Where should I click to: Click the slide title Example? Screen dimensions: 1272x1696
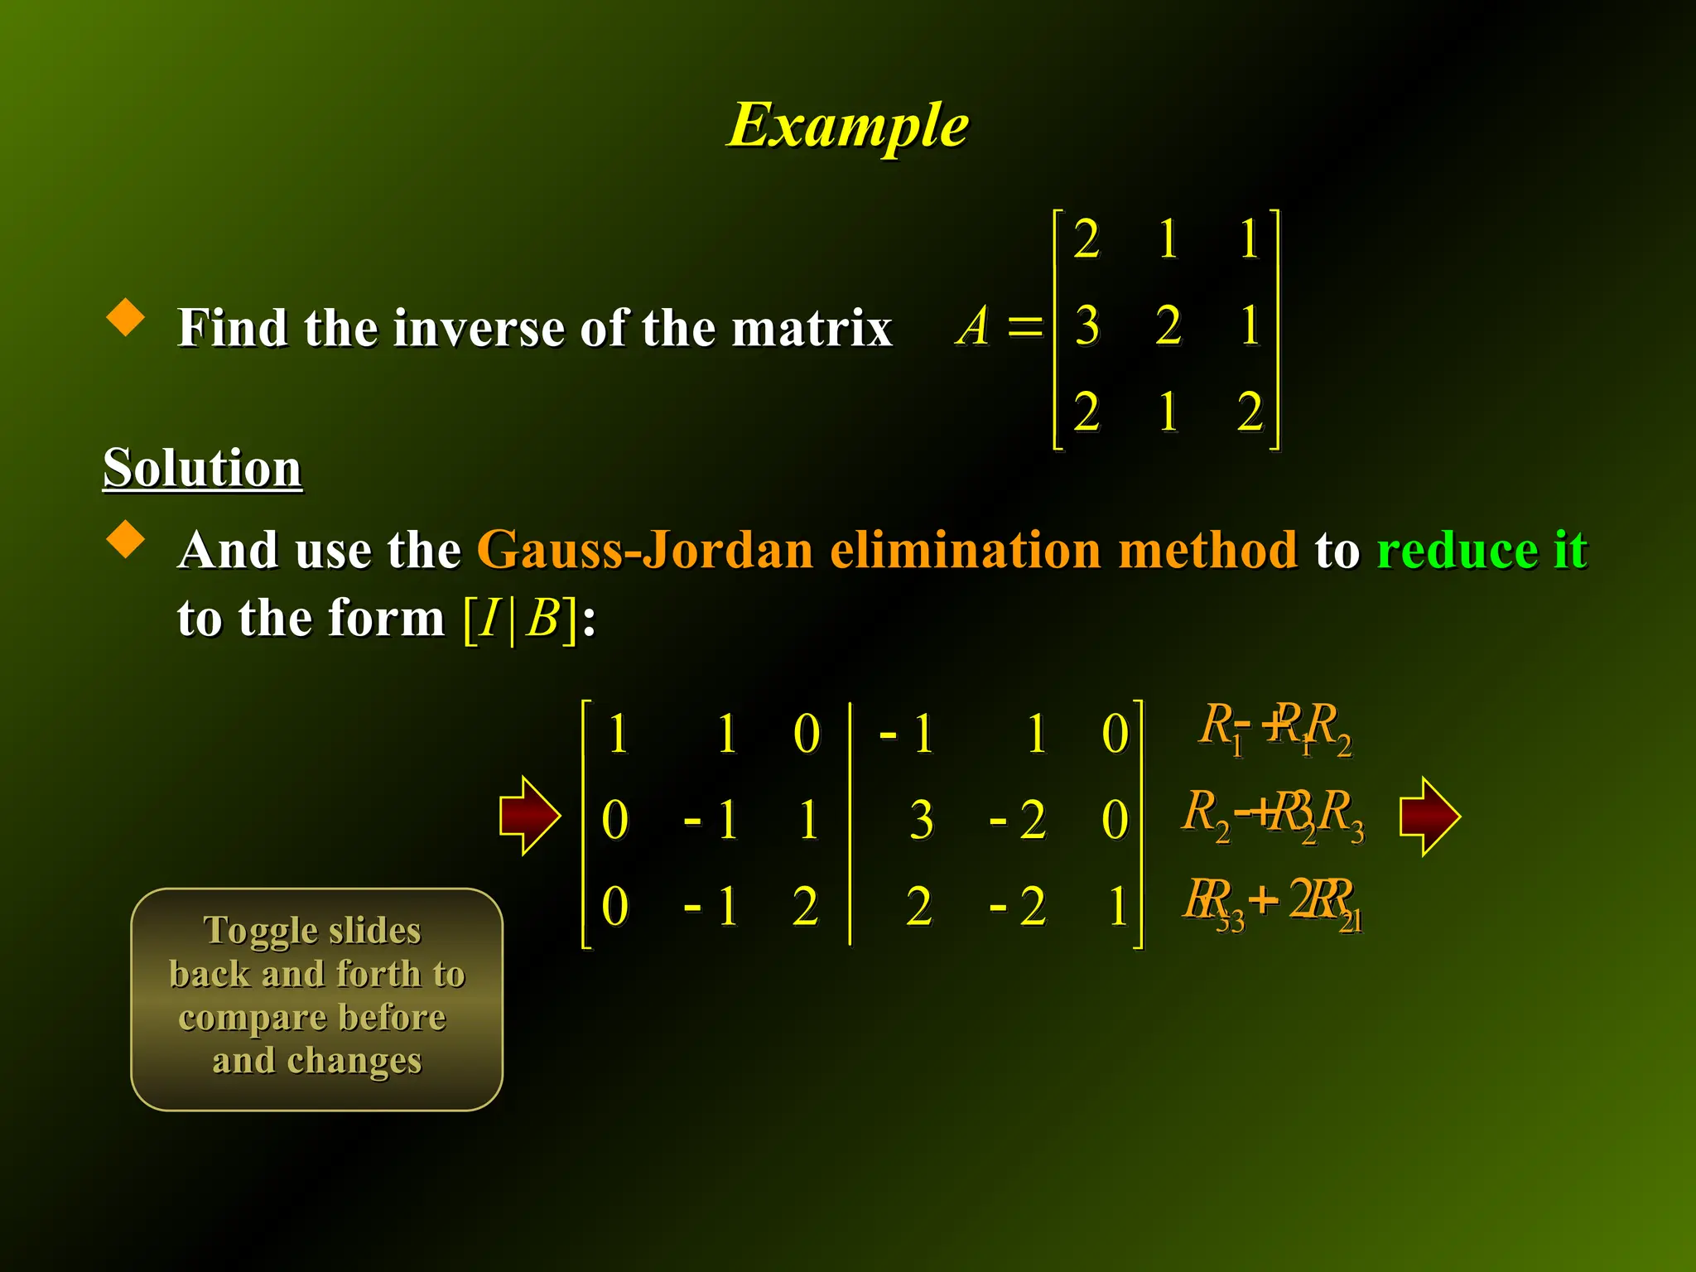[x=848, y=126]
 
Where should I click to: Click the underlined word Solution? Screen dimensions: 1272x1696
[x=202, y=468]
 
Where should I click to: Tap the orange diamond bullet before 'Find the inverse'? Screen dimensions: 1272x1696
[x=126, y=316]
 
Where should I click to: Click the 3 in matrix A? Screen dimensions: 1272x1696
[x=1086, y=325]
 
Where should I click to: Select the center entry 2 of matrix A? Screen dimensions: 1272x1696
[x=1168, y=325]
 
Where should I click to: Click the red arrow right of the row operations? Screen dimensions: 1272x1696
[x=1429, y=816]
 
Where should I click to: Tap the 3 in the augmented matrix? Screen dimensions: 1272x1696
[x=921, y=820]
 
